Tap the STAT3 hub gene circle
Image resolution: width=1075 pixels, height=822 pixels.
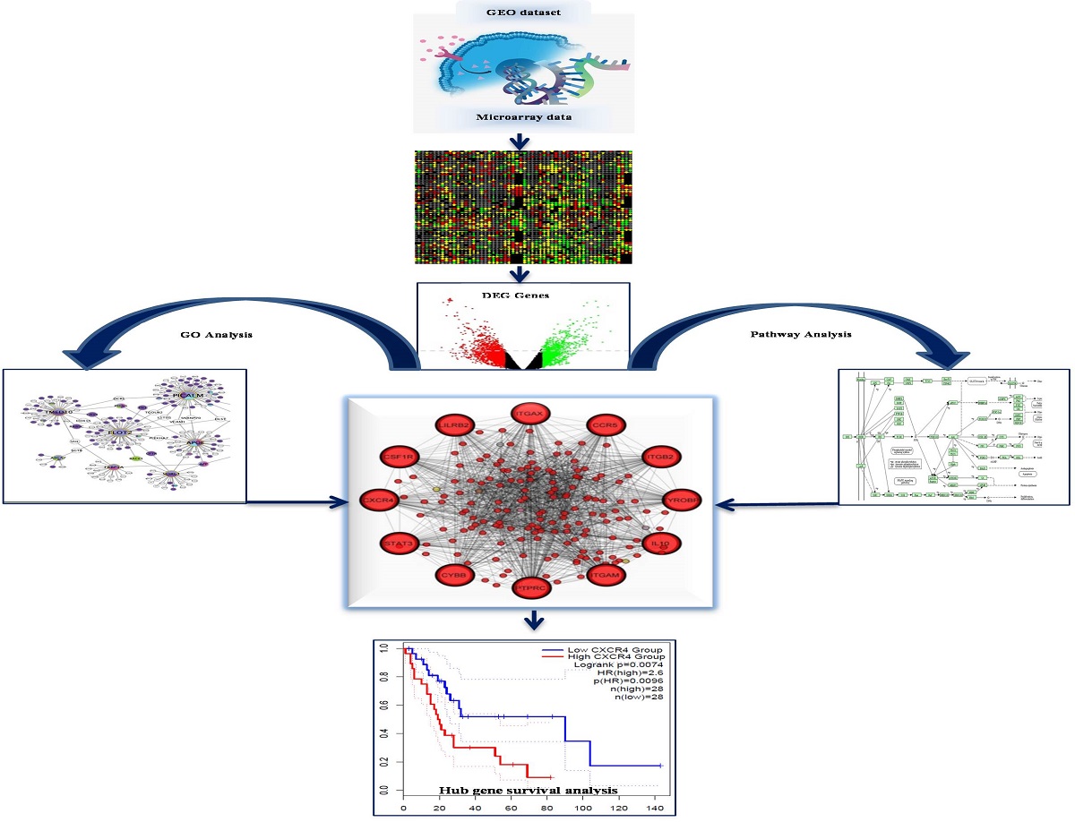pos(397,544)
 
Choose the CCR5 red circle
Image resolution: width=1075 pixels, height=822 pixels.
pos(604,424)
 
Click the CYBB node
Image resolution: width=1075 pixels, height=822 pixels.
pos(455,574)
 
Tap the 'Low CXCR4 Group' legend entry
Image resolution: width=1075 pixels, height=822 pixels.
pos(613,649)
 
